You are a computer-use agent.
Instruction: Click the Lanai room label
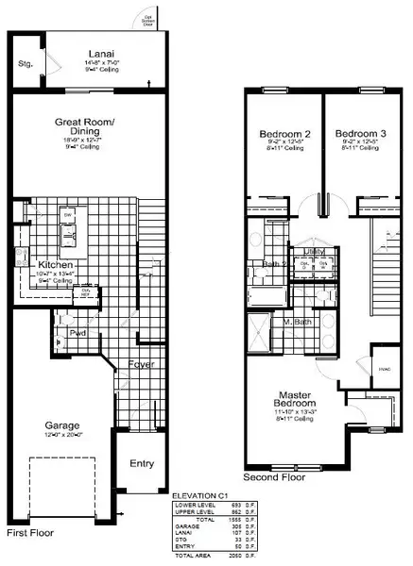[96, 53]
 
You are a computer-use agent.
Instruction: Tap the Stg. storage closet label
[26, 65]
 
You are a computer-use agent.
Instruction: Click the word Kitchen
[55, 267]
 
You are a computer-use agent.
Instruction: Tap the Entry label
[142, 463]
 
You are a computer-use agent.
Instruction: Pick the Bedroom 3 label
[360, 135]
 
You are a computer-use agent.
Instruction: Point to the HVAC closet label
[386, 369]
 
